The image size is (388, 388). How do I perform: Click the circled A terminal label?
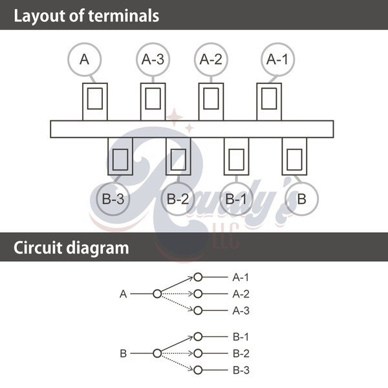85,59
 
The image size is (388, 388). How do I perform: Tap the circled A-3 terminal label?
153,59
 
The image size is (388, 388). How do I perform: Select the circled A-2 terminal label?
211,59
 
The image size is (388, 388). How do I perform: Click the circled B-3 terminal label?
113,199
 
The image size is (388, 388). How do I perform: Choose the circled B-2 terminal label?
177,199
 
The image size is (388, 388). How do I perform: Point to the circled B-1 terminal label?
236,199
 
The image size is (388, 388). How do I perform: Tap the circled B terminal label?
301,199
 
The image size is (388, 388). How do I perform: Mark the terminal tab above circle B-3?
120,158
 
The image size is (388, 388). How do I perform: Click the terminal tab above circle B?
294,158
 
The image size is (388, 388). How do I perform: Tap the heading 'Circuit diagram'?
71,248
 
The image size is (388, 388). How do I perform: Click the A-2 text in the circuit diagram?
241,294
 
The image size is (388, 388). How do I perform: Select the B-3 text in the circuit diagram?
241,371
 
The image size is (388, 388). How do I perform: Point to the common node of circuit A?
157,294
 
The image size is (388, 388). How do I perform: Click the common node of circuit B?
157,354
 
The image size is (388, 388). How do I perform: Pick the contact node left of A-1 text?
198,277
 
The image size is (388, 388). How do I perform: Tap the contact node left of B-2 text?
198,354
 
